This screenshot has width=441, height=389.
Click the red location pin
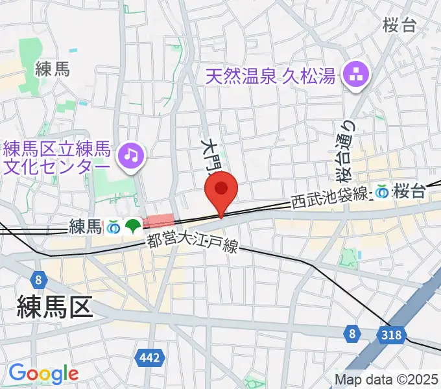tap(221, 189)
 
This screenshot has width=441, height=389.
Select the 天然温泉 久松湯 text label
tap(270, 77)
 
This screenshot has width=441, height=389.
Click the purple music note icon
tap(132, 155)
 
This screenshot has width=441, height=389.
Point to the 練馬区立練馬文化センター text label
tap(57, 156)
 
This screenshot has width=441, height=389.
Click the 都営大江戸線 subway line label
tap(193, 244)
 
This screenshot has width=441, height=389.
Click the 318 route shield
tap(392, 335)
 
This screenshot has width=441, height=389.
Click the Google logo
tap(43, 373)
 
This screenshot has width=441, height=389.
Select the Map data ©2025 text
tap(386, 379)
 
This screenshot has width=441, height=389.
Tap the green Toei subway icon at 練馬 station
tap(134, 226)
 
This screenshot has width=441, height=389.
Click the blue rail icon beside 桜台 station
tap(383, 191)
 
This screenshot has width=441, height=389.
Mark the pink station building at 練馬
tap(158, 221)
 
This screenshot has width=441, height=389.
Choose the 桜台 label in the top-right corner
tap(399, 25)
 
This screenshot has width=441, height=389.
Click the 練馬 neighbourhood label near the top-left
tap(52, 69)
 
